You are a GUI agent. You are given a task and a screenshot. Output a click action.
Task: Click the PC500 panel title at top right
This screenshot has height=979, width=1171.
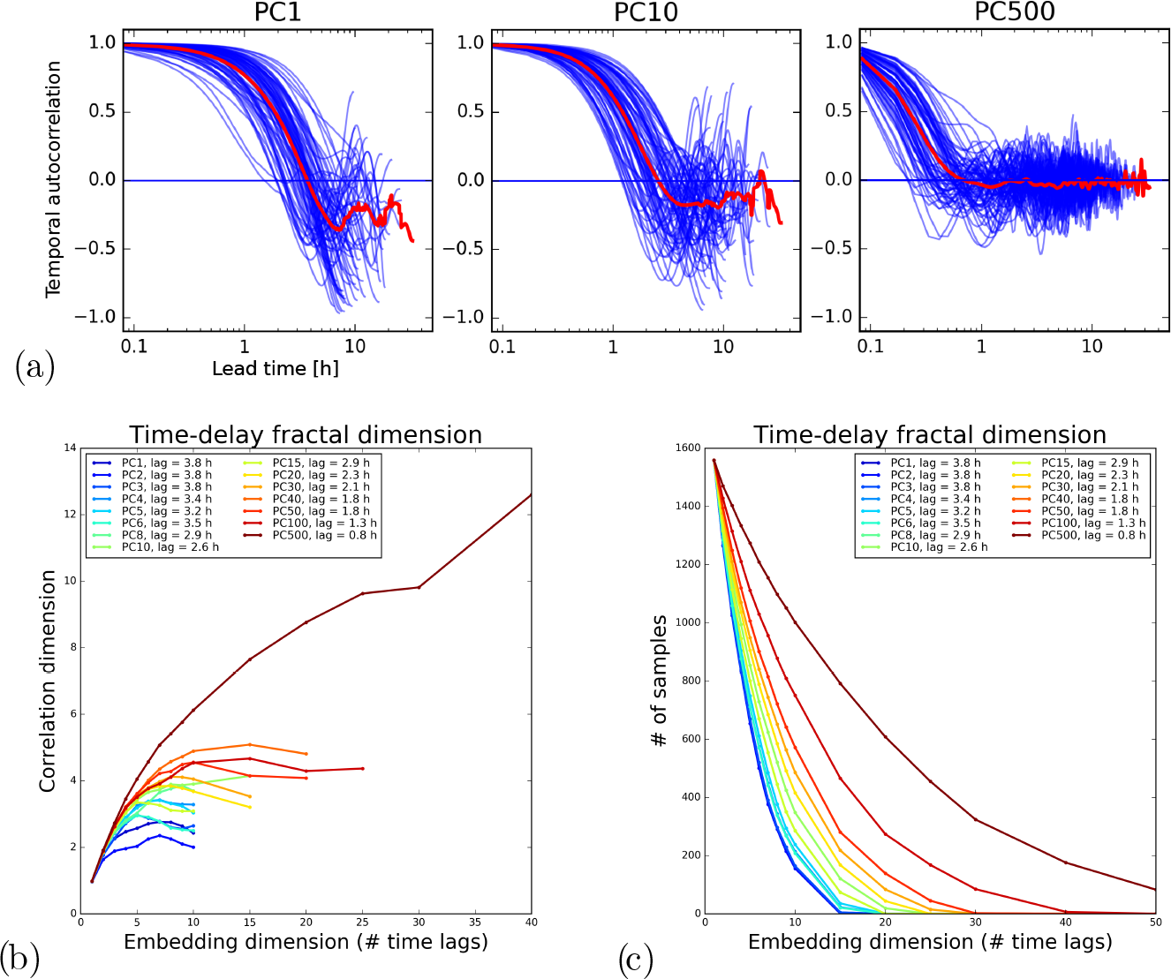coord(1015,11)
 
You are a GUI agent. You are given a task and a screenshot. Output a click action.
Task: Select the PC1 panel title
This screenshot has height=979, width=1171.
coord(277,12)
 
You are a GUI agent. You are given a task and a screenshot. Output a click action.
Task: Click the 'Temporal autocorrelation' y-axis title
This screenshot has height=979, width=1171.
coord(55,179)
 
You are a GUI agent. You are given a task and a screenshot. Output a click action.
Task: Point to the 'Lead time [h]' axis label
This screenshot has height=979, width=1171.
coord(276,369)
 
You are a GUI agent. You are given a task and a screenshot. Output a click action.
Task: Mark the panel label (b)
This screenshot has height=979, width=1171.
coord(20,958)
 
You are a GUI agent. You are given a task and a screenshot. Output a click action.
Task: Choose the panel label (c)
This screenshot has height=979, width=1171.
coord(636,960)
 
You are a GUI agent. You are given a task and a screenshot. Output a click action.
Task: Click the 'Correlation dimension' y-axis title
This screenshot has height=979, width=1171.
coord(48,681)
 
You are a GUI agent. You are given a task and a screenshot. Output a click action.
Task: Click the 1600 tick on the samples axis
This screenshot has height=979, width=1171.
coord(687,448)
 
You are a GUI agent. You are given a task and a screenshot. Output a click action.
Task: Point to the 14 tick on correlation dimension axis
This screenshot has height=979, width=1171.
coord(69,448)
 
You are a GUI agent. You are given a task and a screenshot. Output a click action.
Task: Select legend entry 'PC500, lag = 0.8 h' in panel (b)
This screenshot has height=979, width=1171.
coord(324,535)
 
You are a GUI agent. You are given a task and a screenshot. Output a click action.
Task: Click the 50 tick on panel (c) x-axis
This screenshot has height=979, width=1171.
coord(1155,923)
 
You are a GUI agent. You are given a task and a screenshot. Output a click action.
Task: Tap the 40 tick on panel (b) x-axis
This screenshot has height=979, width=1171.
coord(531,923)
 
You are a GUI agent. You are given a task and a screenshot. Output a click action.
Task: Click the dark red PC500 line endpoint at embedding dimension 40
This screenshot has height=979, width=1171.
coord(531,494)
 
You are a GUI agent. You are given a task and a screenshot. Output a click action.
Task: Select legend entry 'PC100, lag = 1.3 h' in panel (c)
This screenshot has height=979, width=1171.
coord(1093,523)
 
